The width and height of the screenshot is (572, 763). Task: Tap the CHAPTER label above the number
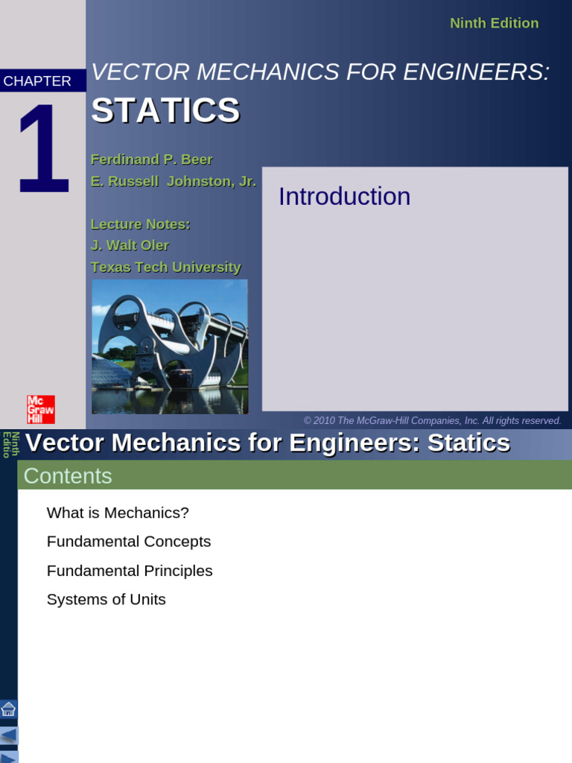coord(37,81)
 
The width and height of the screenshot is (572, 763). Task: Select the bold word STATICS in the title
coord(165,110)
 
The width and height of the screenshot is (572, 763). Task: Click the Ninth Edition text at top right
coord(494,23)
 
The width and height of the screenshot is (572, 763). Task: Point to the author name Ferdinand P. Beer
coord(151,159)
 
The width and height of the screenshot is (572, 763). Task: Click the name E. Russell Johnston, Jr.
coord(173,181)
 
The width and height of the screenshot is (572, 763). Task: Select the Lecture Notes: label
coord(140,224)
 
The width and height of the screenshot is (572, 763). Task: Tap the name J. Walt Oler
coord(130,245)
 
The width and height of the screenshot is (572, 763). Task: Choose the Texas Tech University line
coord(165,267)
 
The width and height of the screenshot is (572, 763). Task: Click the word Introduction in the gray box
coord(344,197)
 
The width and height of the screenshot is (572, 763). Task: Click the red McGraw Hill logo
coord(40,409)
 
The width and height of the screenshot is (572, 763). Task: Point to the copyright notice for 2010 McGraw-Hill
coord(432,421)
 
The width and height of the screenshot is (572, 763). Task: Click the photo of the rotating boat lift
coord(170,346)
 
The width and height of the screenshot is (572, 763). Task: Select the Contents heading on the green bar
coord(68,476)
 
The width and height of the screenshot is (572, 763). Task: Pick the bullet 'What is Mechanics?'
coord(118,513)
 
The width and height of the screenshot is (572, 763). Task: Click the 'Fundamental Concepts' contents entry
coord(129,542)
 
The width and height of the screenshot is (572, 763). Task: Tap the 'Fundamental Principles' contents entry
coord(130,571)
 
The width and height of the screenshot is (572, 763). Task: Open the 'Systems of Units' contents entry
coord(107,600)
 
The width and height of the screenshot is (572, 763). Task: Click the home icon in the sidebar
coord(8,709)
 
